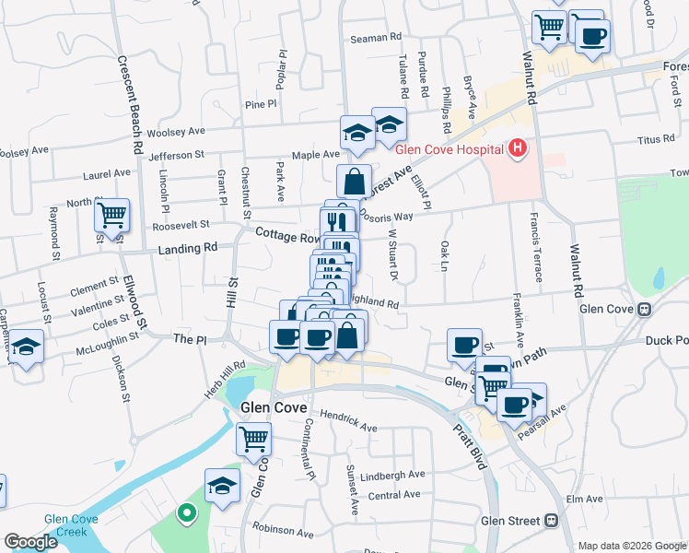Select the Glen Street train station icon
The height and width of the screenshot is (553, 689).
551,521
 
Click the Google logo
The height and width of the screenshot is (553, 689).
30,542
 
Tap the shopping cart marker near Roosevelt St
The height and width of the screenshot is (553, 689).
111,216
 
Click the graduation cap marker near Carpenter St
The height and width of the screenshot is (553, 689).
27,347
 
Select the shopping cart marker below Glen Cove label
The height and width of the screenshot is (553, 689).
253,439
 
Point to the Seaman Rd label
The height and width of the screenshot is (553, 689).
377,38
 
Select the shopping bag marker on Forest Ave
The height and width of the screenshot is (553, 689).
354,182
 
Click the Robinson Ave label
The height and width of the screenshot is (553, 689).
285,531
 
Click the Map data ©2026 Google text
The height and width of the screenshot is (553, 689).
632,546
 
